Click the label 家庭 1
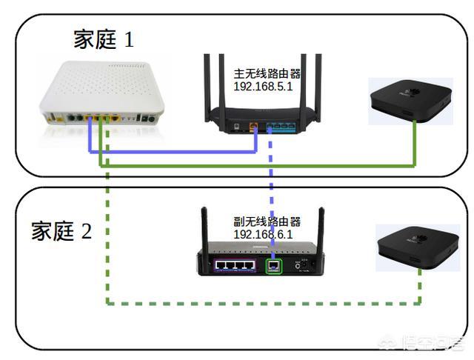tap(103, 39)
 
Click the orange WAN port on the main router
tap(253, 127)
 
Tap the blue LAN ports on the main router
tap(280, 127)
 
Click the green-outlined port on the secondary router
tap(274, 264)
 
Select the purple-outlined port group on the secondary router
tap(234, 264)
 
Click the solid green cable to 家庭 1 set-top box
tap(259, 165)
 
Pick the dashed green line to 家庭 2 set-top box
tap(259, 302)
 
